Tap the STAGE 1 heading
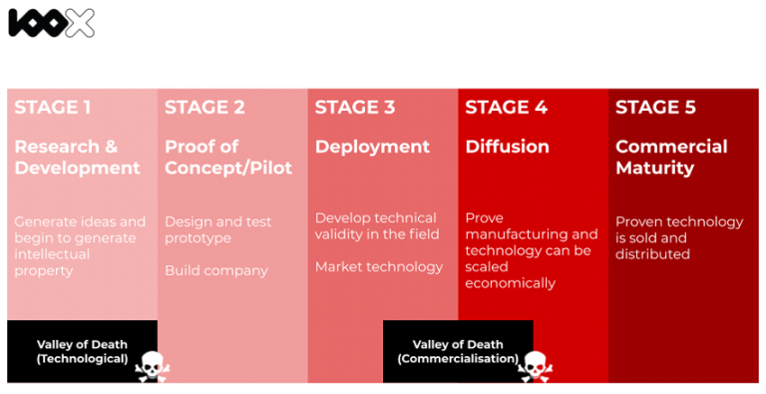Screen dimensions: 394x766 [x=53, y=108]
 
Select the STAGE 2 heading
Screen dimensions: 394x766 [x=204, y=108]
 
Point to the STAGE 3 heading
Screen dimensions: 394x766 [x=355, y=108]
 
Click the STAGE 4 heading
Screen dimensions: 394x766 [x=506, y=108]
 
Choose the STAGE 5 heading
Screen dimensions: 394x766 [x=655, y=108]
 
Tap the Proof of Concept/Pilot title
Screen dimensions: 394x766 [x=228, y=157]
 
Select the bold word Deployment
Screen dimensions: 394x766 [x=372, y=147]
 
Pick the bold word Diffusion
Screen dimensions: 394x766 [x=507, y=147]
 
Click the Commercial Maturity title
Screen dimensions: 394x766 [x=671, y=157]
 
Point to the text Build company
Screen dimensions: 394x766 [x=216, y=270]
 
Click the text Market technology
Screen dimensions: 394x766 [x=379, y=266]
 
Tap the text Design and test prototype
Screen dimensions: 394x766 [x=217, y=229]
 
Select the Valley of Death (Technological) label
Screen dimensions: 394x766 [x=82, y=351]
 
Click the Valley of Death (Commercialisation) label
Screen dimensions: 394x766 [x=457, y=351]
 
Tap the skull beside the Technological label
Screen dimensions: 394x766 [x=151, y=366]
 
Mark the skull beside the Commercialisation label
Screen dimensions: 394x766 [x=533, y=366]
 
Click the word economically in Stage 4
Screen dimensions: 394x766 [x=510, y=282]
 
